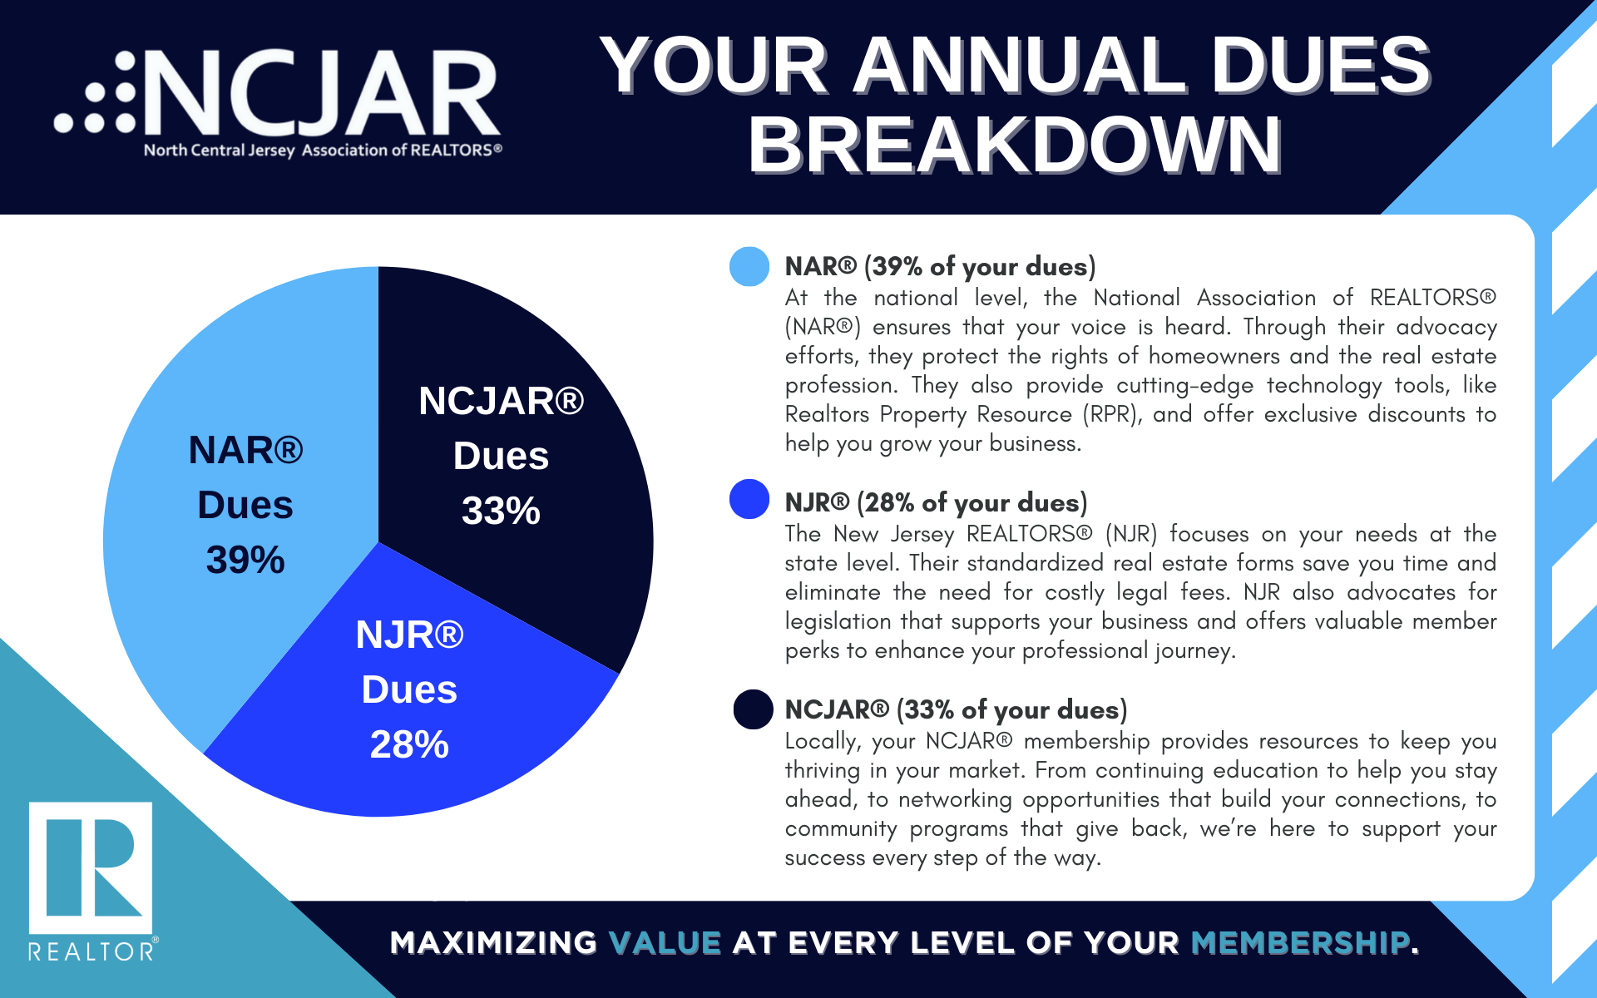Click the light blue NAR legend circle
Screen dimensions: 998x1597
(749, 267)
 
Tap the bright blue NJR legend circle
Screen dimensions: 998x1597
(749, 499)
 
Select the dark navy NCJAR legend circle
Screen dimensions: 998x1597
(753, 709)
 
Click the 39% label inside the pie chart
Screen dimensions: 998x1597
(245, 560)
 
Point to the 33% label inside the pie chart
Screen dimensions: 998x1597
(501, 511)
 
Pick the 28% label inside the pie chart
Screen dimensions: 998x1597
(409, 744)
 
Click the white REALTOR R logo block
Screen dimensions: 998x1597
(91, 867)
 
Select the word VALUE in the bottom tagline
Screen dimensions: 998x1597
(665, 943)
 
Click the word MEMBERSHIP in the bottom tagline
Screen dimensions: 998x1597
(1300, 943)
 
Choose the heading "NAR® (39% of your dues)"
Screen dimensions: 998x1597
(940, 266)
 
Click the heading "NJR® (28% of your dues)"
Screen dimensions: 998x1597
(936, 502)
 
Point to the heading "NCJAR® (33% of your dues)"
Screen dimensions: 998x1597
(956, 709)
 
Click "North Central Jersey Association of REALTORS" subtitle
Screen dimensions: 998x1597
(323, 151)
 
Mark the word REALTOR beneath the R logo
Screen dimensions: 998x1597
(91, 951)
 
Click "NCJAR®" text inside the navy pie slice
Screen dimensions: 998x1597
(501, 401)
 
